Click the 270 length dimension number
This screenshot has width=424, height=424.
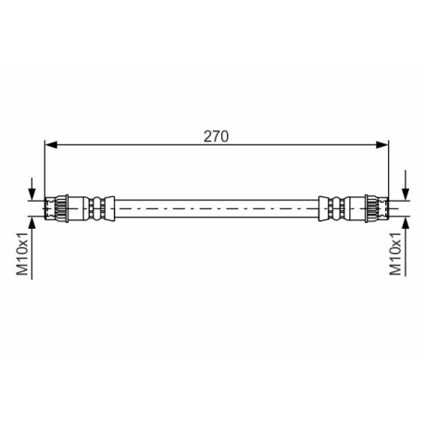point(216,136)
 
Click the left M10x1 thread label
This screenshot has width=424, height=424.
point(22,254)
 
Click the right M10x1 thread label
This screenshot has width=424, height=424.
point(395,254)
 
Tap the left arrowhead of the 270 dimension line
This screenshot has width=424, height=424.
point(51,144)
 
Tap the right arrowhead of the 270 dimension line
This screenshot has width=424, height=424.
point(381,144)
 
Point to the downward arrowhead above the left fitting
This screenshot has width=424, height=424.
point(31,193)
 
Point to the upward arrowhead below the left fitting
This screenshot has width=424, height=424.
point(31,223)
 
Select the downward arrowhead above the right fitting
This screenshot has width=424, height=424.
point(406,193)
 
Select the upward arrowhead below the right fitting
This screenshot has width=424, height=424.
point(406,223)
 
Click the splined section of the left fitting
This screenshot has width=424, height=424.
point(61,208)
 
